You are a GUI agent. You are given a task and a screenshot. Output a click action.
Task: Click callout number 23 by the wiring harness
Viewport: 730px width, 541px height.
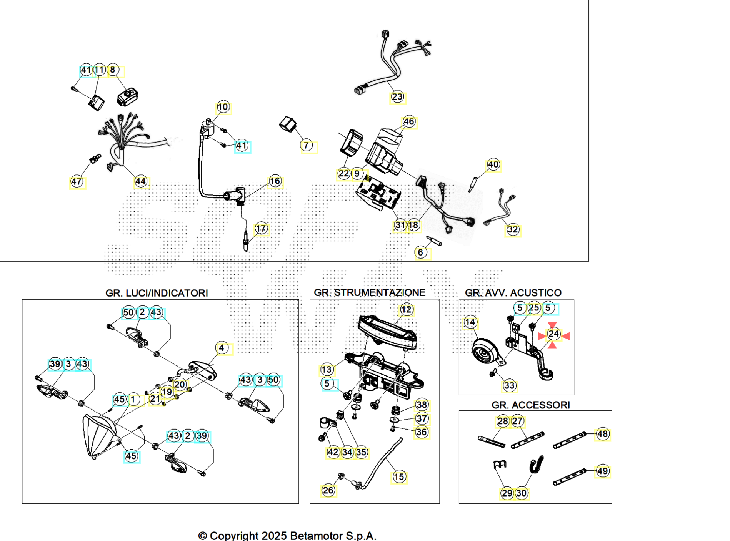click(x=397, y=97)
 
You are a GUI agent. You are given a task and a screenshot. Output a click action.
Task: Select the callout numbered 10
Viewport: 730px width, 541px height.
click(x=223, y=107)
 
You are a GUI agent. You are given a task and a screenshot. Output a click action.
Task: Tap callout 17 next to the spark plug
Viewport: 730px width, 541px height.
click(x=261, y=229)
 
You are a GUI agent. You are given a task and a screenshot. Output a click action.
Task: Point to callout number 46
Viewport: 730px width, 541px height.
click(x=408, y=122)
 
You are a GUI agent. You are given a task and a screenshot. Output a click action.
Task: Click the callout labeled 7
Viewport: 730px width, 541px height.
click(x=306, y=146)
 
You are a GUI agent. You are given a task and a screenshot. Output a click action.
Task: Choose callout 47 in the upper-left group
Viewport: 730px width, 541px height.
click(x=77, y=181)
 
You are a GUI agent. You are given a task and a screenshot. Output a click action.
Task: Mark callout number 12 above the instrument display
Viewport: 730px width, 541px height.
click(x=406, y=309)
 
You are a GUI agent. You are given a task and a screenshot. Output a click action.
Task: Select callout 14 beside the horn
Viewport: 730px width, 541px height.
click(x=470, y=322)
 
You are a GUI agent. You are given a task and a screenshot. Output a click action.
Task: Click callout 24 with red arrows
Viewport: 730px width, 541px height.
click(x=553, y=334)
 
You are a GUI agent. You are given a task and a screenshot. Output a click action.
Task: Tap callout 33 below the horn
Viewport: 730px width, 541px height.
click(x=509, y=385)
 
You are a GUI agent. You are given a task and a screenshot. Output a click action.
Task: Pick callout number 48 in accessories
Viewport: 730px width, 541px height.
click(x=602, y=434)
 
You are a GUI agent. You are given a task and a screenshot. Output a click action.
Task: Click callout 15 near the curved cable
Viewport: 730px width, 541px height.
click(x=399, y=477)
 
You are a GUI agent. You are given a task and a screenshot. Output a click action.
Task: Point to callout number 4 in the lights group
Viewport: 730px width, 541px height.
click(x=221, y=348)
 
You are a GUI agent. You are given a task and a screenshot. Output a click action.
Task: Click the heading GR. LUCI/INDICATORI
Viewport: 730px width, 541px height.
click(x=157, y=293)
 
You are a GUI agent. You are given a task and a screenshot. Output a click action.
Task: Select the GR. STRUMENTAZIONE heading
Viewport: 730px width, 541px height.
click(x=370, y=293)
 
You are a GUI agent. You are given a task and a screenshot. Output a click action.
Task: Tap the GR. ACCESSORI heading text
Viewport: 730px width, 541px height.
click(x=531, y=405)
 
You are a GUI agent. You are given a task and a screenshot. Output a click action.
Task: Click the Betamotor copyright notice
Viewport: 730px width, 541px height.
click(x=287, y=536)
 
